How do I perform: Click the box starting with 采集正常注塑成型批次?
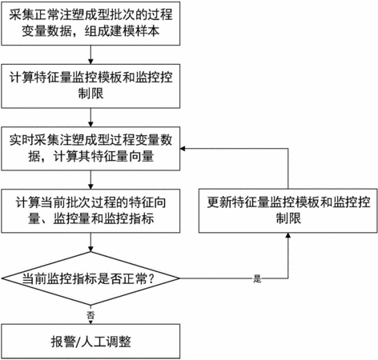click(x=90, y=23)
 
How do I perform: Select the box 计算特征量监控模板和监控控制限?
click(x=90, y=86)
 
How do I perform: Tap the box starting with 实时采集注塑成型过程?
click(x=90, y=149)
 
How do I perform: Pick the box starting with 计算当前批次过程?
click(x=90, y=211)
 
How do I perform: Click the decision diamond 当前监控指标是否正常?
click(x=90, y=278)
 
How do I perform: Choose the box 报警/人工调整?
click(x=90, y=342)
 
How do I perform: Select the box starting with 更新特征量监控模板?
click(x=288, y=210)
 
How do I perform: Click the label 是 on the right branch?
click(x=257, y=279)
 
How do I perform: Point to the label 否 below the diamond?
click(x=90, y=315)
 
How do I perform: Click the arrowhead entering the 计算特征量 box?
click(x=90, y=62)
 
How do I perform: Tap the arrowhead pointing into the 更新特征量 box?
click(x=288, y=235)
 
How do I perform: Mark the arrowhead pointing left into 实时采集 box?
click(x=183, y=149)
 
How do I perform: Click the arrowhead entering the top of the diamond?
click(x=90, y=249)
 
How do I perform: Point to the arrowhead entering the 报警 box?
click(x=90, y=322)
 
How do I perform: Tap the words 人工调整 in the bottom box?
click(x=106, y=342)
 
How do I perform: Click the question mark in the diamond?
click(x=151, y=278)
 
